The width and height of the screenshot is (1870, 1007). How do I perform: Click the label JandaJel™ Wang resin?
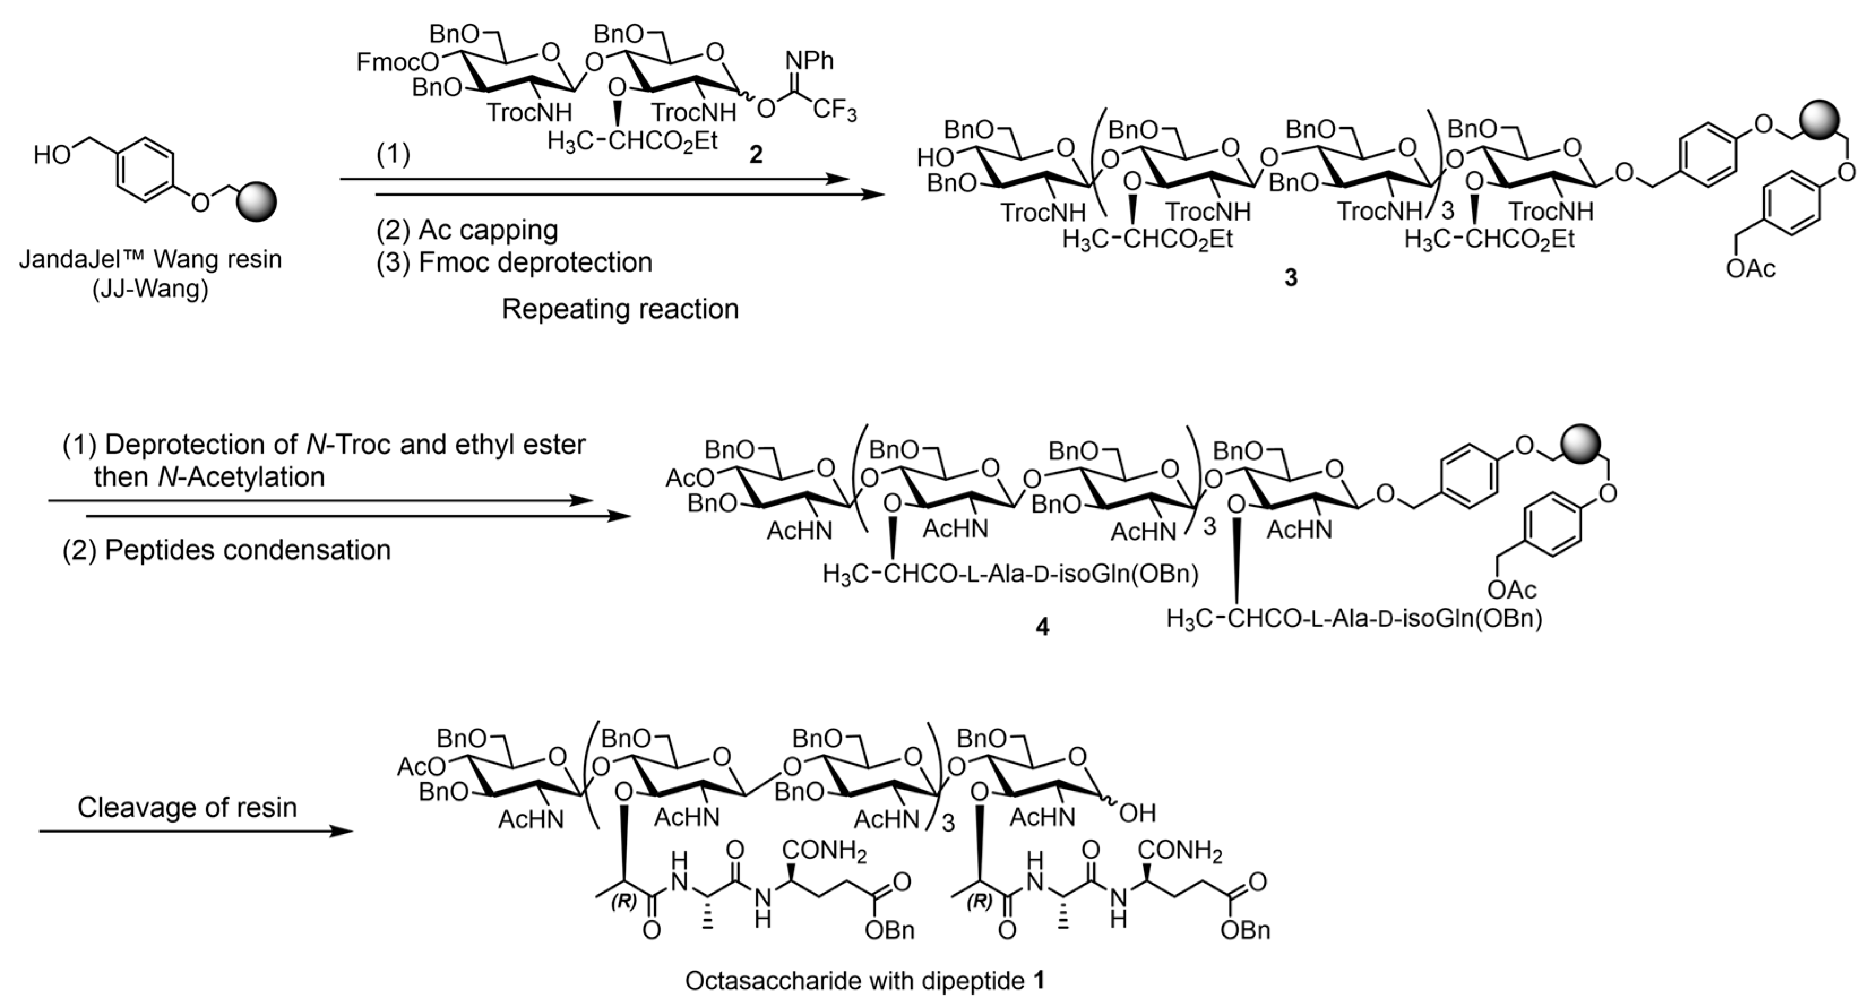click(x=150, y=259)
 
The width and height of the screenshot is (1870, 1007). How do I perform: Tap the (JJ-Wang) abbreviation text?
click(x=150, y=290)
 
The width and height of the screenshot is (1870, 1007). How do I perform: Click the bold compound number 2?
click(x=756, y=154)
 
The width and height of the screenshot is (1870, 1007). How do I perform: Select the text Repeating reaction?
click(x=620, y=309)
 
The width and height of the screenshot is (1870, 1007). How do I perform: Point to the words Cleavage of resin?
click(x=187, y=807)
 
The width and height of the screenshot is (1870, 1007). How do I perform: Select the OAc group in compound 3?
click(x=1750, y=269)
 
